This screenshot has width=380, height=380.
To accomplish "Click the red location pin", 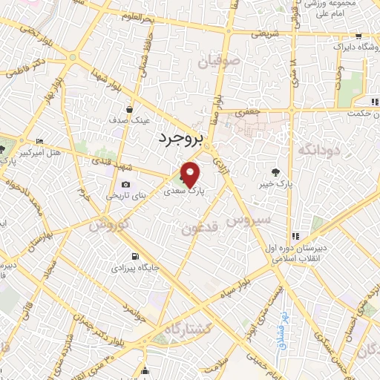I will point(191,174).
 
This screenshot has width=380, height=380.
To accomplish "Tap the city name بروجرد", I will point(183,137).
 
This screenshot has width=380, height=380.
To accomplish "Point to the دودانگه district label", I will point(318,151).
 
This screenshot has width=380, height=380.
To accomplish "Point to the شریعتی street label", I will point(264,34).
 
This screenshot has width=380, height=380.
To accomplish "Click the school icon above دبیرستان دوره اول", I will point(295,235).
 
